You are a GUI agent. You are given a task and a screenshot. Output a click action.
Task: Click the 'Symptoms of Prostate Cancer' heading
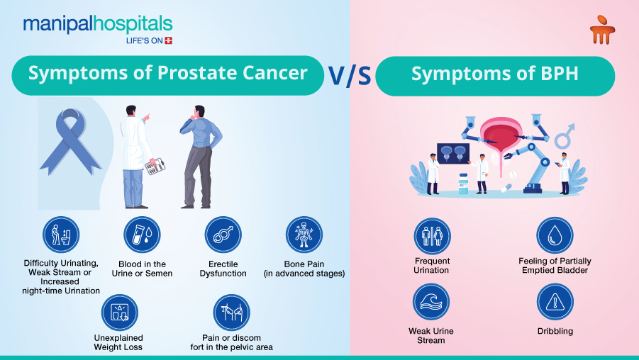click(167, 74)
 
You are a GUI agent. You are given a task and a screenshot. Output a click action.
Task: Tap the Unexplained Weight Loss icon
click(118, 313)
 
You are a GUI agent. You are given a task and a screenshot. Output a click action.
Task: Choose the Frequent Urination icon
click(431, 236)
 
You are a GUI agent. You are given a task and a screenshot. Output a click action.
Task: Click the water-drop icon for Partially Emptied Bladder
click(555, 236)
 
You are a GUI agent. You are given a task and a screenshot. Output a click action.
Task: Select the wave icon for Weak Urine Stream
click(431, 302)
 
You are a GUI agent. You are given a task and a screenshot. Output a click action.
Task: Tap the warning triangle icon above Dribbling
click(555, 302)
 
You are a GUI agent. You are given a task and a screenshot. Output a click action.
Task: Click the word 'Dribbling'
click(555, 331)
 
